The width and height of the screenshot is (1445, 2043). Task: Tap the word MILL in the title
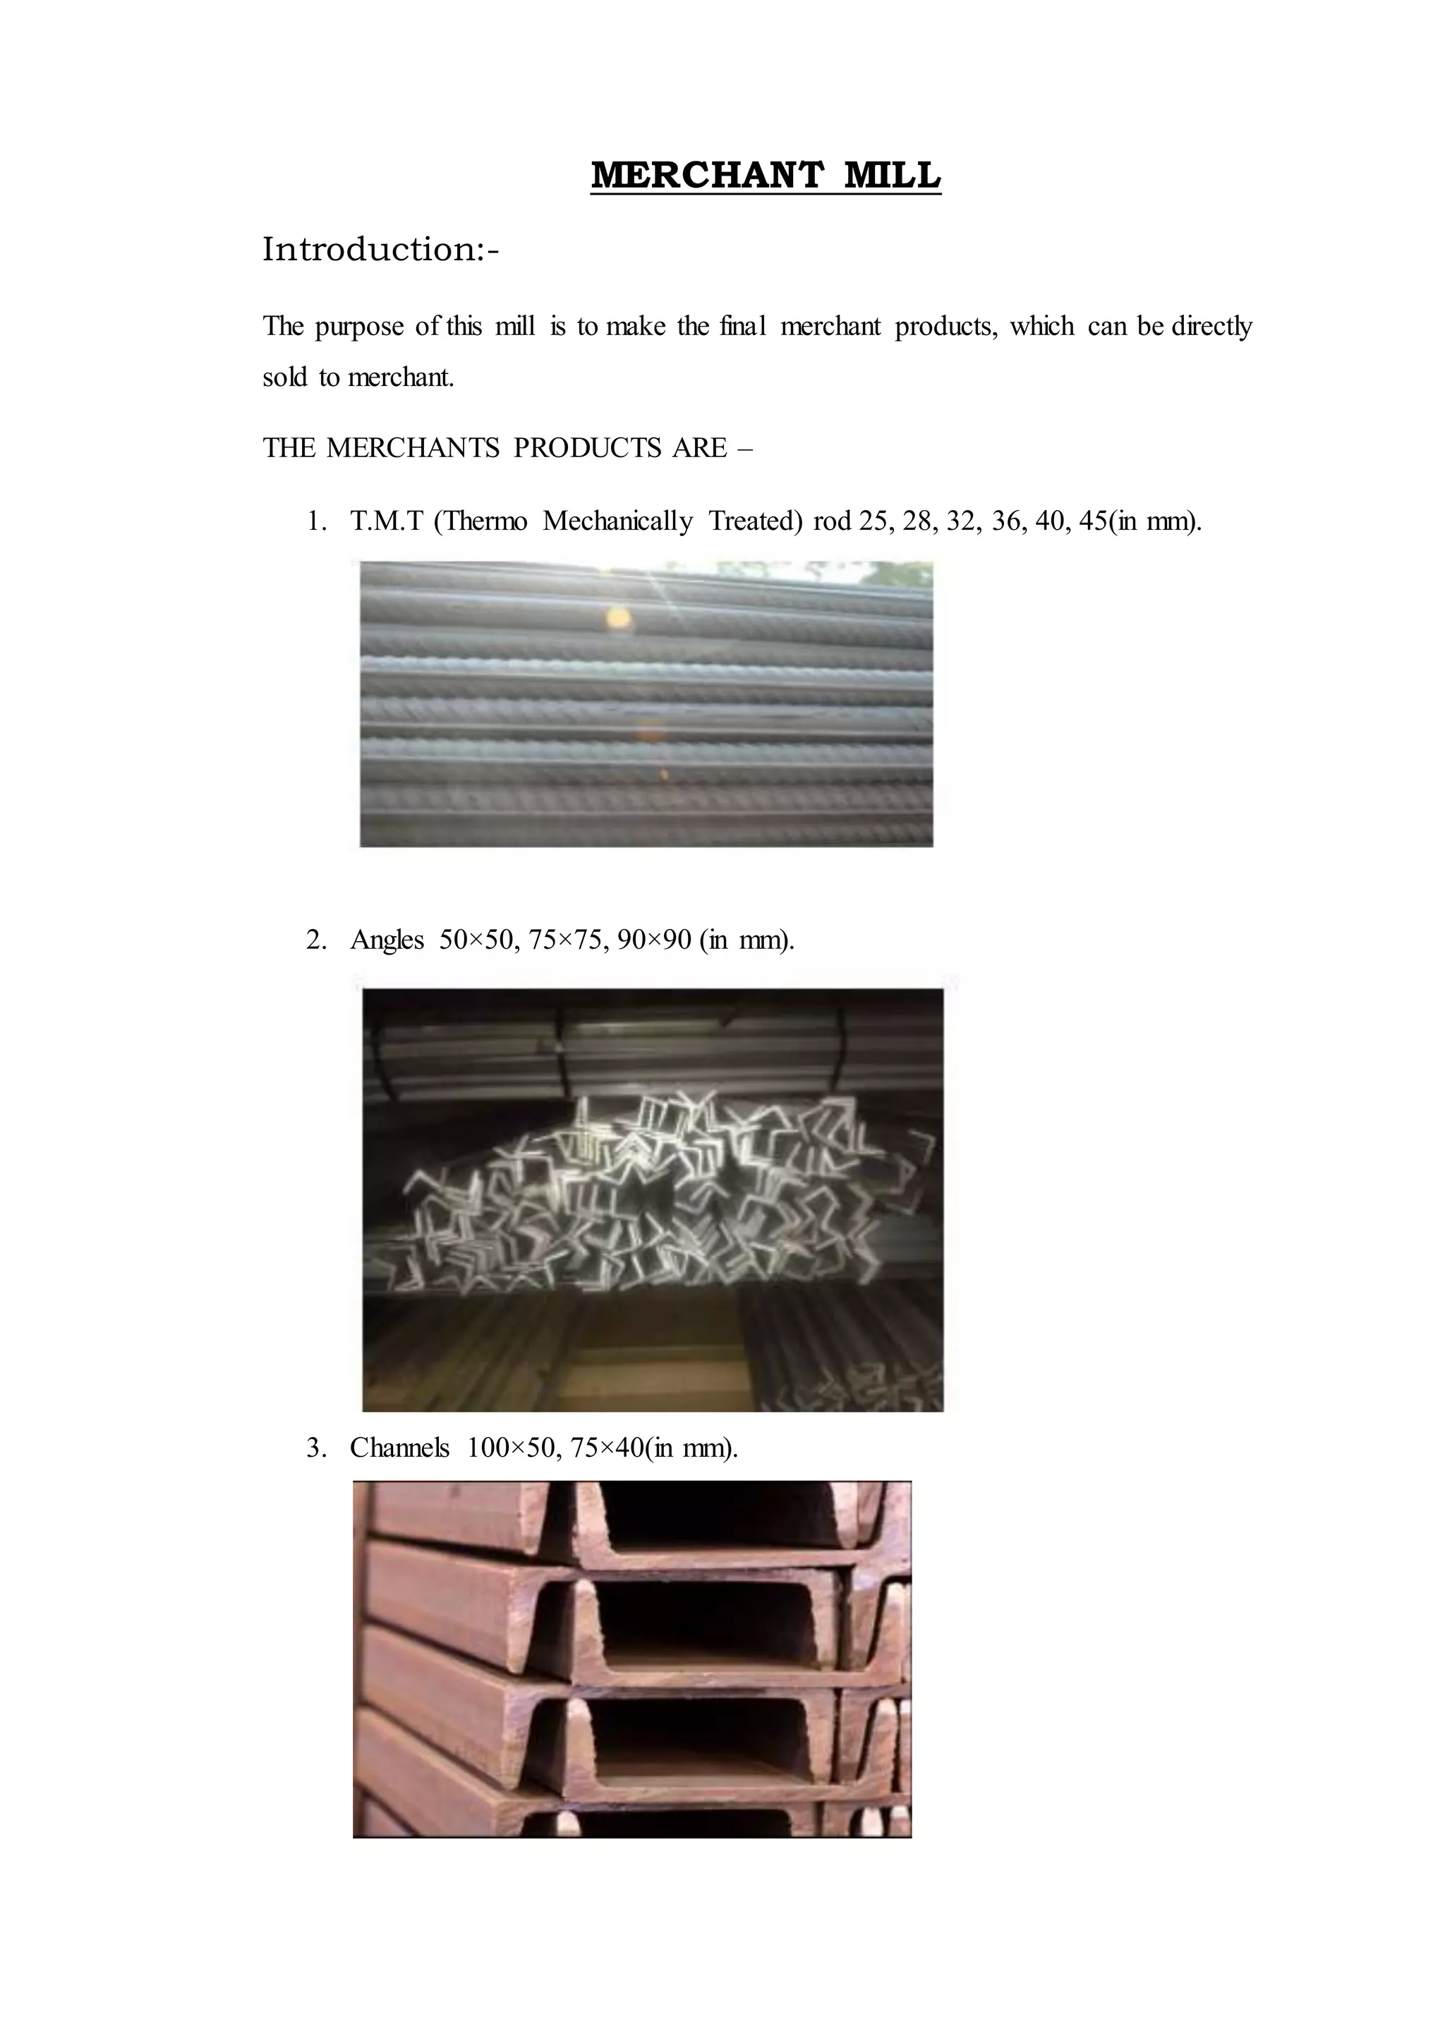pyautogui.click(x=892, y=175)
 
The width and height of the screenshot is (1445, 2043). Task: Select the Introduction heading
pyautogui.click(x=381, y=250)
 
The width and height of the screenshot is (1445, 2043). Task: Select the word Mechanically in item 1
pyautogui.click(x=617, y=521)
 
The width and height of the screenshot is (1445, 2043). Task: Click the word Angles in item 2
pyautogui.click(x=387, y=940)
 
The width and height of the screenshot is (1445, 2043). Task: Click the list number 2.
pyautogui.click(x=315, y=940)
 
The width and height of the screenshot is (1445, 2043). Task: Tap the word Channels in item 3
pyautogui.click(x=399, y=1448)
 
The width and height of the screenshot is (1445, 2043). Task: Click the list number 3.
pyautogui.click(x=315, y=1448)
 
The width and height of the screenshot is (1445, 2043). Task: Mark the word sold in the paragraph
pyautogui.click(x=284, y=377)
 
